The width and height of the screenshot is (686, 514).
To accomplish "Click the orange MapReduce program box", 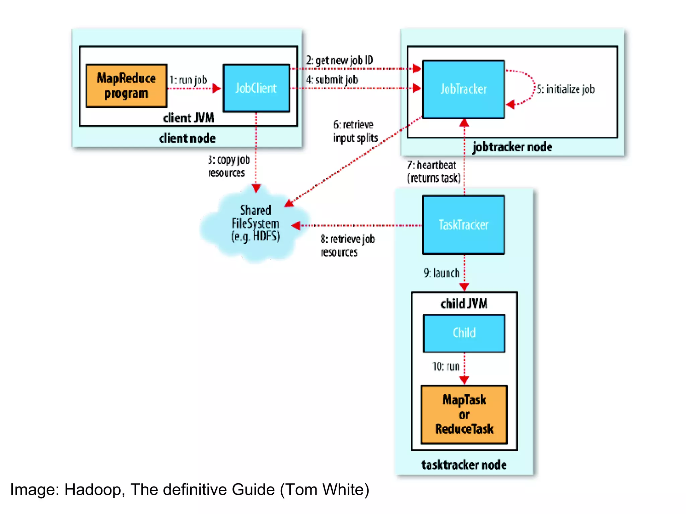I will (x=126, y=86).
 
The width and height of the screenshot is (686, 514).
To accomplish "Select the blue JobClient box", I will (x=256, y=88).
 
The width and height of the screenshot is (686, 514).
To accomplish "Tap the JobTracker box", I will (x=463, y=89).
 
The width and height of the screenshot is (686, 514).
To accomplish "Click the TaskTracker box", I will (x=463, y=225).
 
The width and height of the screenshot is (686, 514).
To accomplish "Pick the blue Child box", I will (x=464, y=333).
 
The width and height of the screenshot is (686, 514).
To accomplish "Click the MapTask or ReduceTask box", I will (x=464, y=414).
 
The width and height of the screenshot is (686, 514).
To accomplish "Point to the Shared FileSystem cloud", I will (x=255, y=224).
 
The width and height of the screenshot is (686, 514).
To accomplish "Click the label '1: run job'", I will (x=188, y=80).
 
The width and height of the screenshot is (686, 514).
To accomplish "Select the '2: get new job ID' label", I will (x=339, y=60).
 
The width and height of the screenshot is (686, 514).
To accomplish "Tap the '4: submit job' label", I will (x=332, y=80).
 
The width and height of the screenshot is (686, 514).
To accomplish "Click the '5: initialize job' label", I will (x=566, y=89).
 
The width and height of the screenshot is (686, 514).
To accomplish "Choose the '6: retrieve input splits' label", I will (x=355, y=131).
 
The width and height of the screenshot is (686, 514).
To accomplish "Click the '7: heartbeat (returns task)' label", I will (x=433, y=171).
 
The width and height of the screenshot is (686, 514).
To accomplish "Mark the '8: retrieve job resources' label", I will (x=347, y=245).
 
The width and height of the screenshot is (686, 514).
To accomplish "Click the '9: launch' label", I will (x=441, y=273).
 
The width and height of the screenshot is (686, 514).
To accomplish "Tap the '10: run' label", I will (x=445, y=366).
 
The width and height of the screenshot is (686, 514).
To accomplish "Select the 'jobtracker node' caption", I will (x=512, y=147).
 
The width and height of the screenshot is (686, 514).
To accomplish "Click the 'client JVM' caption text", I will (x=188, y=118).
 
